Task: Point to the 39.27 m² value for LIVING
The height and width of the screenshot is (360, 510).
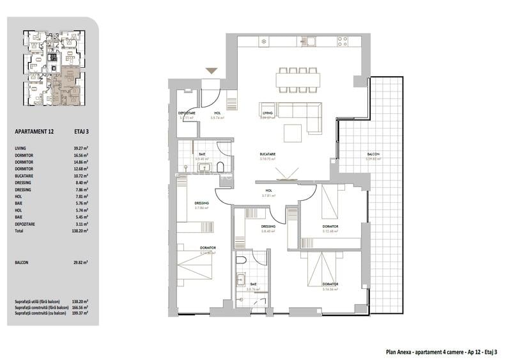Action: click(x=80, y=148)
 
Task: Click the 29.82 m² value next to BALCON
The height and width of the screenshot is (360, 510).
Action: click(x=80, y=262)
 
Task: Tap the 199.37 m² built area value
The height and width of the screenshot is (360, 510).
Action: click(x=81, y=313)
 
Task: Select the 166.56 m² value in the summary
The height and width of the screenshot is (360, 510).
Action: click(x=81, y=307)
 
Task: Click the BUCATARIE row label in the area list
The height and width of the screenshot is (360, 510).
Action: click(x=26, y=176)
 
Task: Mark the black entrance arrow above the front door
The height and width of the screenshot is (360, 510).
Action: click(x=211, y=72)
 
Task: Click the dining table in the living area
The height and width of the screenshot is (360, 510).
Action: click(x=298, y=79)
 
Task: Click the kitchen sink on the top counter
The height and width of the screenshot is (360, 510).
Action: click(x=311, y=42)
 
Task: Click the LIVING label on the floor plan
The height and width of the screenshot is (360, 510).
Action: click(x=267, y=113)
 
